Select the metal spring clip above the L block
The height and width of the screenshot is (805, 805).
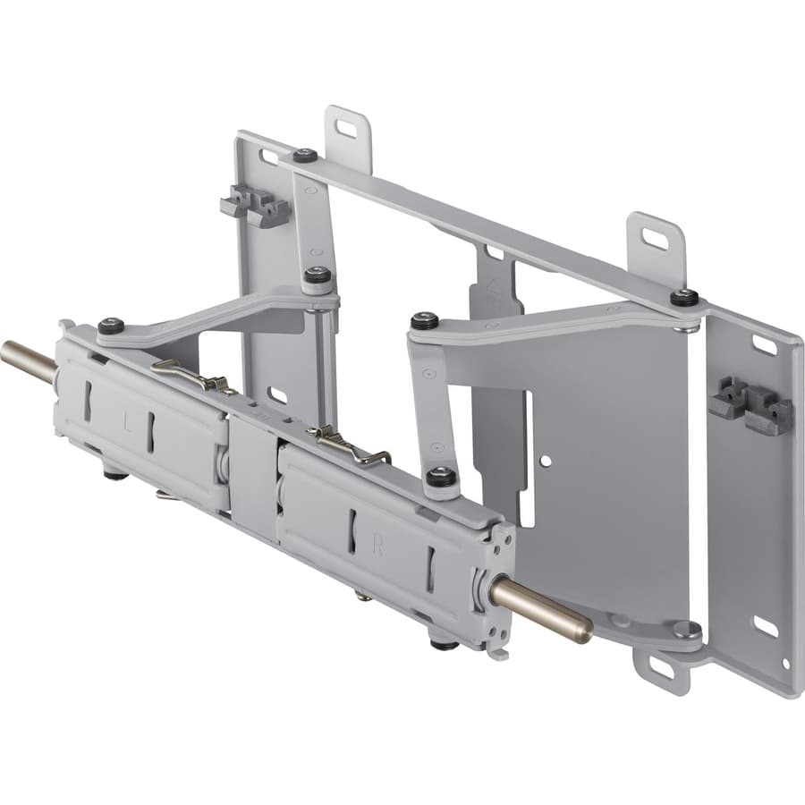[191, 375]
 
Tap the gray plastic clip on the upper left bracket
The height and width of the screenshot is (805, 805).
[256, 207]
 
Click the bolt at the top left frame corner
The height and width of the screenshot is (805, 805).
[305, 156]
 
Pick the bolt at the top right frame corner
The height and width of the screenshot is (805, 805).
[684, 296]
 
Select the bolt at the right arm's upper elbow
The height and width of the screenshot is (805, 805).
[425, 320]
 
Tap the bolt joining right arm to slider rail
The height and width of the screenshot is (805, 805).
[438, 477]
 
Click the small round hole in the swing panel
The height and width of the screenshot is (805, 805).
[545, 460]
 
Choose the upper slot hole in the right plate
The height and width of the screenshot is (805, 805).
[764, 344]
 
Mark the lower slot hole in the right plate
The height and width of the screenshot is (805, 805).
[765, 625]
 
